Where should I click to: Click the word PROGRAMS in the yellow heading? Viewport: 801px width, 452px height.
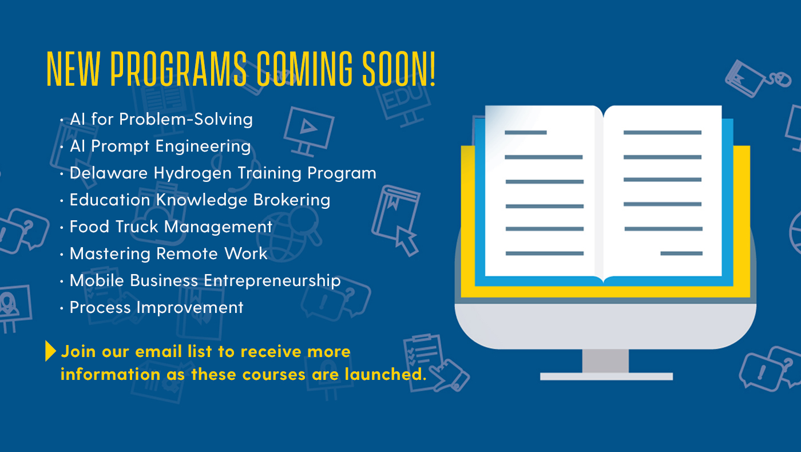click(179, 68)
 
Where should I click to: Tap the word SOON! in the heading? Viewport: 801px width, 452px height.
click(399, 68)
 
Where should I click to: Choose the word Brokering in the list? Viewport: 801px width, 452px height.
click(292, 200)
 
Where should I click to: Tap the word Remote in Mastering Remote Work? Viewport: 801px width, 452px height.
click(187, 253)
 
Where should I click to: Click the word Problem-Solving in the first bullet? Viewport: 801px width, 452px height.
click(186, 120)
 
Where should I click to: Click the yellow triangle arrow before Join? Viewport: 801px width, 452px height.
click(50, 351)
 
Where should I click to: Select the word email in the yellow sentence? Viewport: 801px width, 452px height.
click(158, 351)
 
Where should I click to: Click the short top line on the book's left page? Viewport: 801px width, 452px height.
click(526, 133)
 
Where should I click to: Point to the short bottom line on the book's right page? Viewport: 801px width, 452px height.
click(681, 253)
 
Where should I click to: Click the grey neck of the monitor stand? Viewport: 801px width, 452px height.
click(605, 361)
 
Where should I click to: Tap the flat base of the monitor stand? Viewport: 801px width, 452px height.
click(606, 376)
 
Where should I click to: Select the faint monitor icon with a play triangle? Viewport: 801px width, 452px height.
click(308, 131)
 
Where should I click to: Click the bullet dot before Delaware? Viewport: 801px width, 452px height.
click(62, 174)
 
